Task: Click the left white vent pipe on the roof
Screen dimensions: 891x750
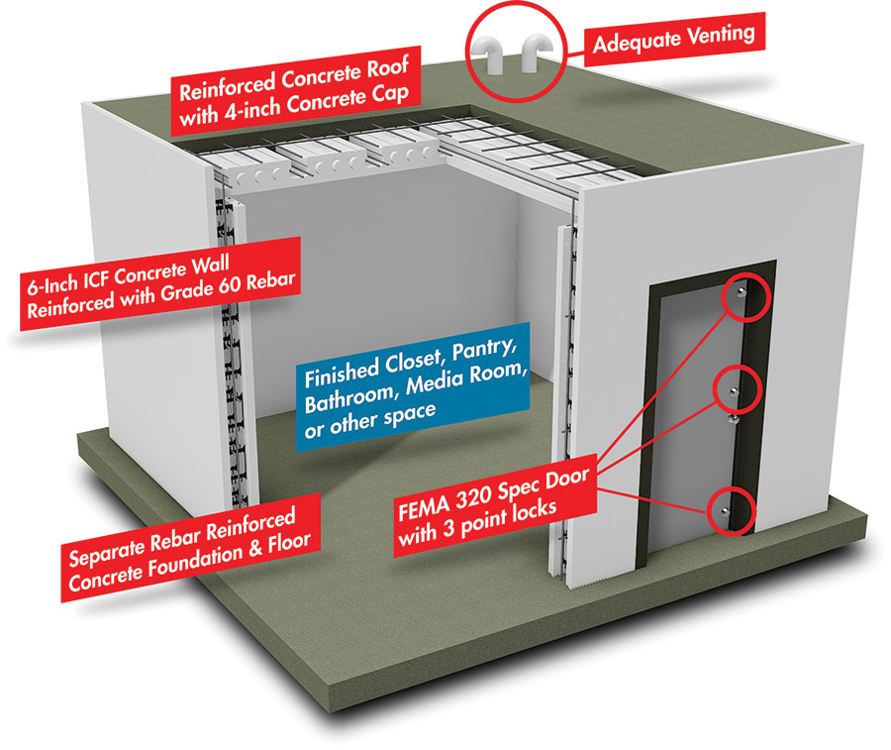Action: pos(490,54)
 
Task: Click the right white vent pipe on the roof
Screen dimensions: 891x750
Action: pos(535,54)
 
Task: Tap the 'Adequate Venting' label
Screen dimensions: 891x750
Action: pos(674,39)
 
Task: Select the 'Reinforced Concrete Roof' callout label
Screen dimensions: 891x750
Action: pos(295,90)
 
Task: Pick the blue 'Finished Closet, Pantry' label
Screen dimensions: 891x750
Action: pos(413,386)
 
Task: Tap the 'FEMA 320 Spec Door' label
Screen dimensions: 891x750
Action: pos(495,503)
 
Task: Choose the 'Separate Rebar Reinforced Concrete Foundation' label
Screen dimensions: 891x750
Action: pos(190,547)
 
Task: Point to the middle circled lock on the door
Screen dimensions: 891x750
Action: pos(734,390)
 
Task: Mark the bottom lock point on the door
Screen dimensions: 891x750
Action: pos(725,510)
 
